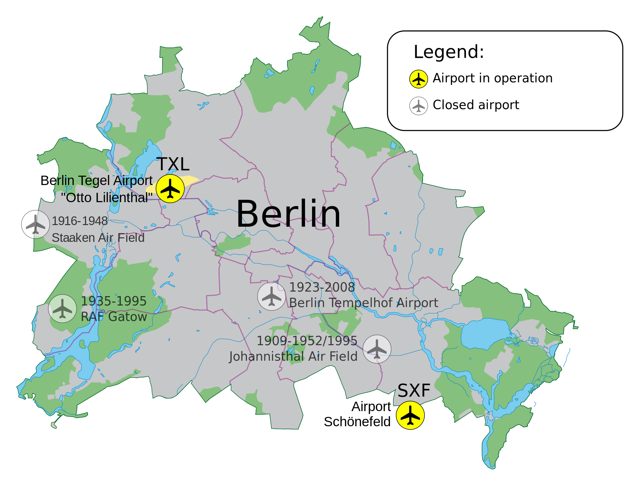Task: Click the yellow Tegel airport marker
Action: point(170,189)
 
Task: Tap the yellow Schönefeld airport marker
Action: point(410,415)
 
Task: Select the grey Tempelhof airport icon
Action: point(271,296)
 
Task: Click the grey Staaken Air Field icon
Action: point(35,224)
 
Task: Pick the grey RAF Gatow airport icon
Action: point(63,309)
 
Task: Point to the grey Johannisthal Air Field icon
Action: point(377,349)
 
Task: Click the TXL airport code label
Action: point(173,164)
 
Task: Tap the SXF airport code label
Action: point(414,391)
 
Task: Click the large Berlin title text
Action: point(288,214)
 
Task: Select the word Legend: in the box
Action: point(449,52)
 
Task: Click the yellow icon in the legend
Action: point(418,79)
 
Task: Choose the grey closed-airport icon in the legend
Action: point(418,106)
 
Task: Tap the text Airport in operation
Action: point(492,78)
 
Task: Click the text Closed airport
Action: point(476,105)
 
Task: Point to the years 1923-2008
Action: point(322,287)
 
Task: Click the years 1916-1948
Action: point(80,221)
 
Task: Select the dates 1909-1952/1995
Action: point(307,341)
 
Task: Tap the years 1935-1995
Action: point(113,301)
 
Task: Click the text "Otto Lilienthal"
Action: point(107,198)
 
